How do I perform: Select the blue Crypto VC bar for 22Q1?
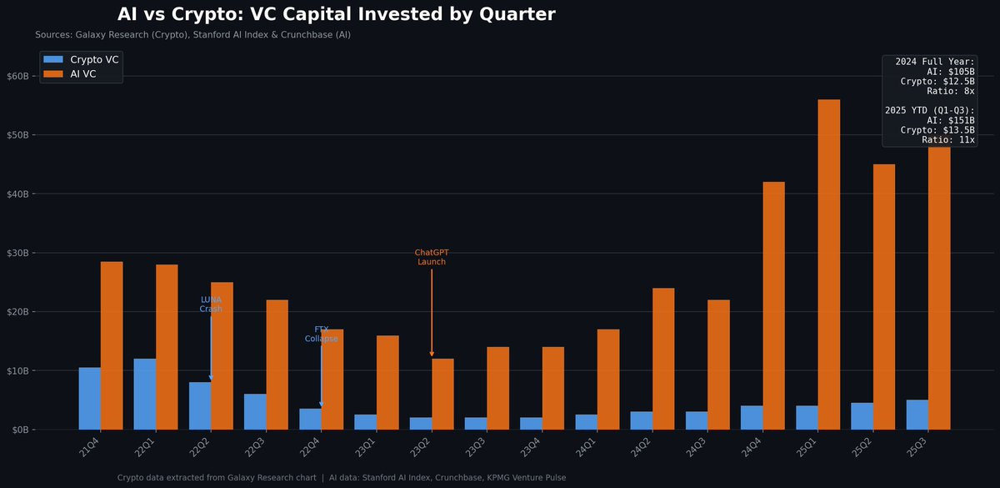point(145,394)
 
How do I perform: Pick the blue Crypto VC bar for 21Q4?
point(90,398)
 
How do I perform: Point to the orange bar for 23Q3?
point(497,388)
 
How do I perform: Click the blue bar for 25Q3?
point(917,415)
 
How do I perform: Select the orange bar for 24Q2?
point(663,359)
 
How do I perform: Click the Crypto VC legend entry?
point(82,59)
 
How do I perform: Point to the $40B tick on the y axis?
point(18,194)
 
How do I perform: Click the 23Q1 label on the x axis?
point(365,448)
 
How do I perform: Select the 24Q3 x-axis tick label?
point(696,448)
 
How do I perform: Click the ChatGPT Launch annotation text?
point(432,257)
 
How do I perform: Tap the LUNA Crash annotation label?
point(211,304)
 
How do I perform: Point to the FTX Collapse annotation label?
point(321,334)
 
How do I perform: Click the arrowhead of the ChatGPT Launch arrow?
point(432,354)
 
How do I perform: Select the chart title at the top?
point(336,14)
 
